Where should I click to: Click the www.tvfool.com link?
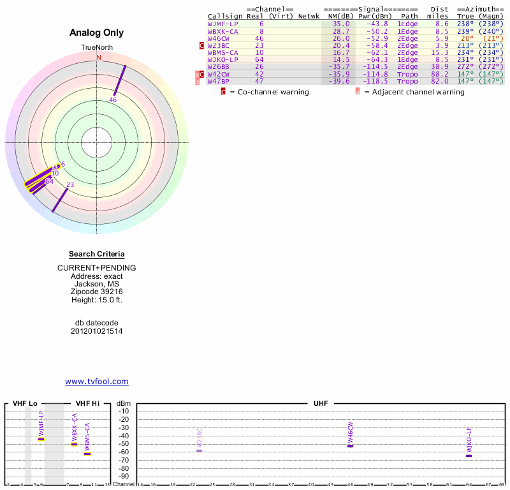(x=97, y=382)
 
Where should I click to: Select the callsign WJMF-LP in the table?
(x=222, y=24)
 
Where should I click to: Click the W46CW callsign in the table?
(x=220, y=38)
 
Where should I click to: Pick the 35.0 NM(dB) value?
(x=341, y=24)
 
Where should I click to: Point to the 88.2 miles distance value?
(x=440, y=74)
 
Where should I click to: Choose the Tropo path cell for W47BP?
(x=407, y=81)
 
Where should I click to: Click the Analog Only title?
(x=97, y=33)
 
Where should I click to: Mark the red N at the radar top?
(x=99, y=57)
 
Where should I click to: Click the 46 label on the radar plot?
(x=113, y=100)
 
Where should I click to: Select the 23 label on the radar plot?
(x=70, y=184)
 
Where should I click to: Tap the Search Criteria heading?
(x=97, y=255)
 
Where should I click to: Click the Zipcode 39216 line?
(x=97, y=292)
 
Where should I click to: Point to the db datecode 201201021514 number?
(x=97, y=331)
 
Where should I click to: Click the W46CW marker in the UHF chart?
(x=350, y=445)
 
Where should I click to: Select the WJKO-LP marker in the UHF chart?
(x=469, y=455)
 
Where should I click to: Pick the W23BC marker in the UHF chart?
(x=199, y=450)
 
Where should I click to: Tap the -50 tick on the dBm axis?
(x=124, y=443)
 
